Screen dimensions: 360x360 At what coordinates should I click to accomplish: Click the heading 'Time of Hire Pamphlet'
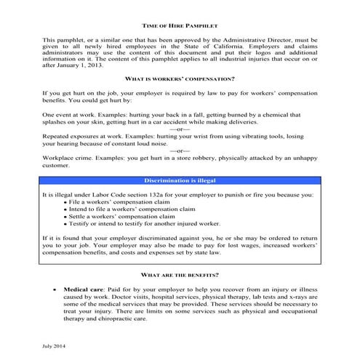pos(180,25)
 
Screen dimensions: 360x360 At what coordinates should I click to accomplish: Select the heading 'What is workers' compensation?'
pos(180,78)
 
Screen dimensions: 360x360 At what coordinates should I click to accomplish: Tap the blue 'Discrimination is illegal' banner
pos(180,180)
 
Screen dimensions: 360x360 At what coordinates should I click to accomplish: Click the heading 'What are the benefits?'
pos(180,274)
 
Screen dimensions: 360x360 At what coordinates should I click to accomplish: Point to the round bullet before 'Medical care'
pos(56,289)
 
